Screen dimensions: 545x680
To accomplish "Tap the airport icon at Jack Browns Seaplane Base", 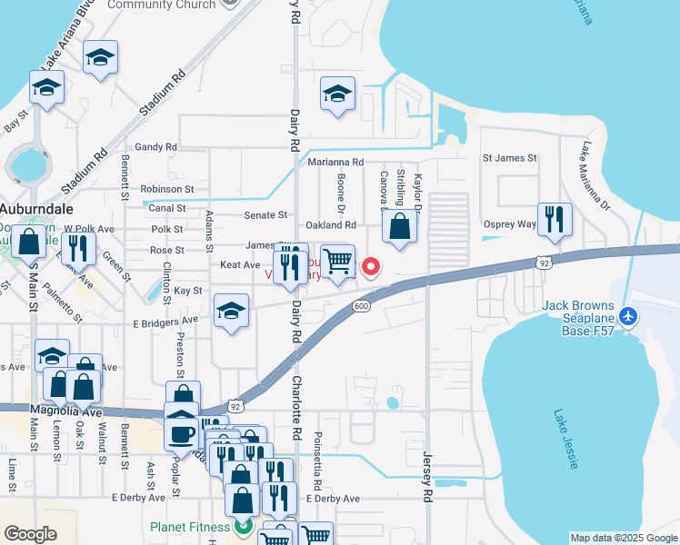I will [628, 317].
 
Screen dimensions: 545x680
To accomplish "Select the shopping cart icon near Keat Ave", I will [337, 262].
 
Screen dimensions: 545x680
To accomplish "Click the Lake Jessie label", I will [565, 440].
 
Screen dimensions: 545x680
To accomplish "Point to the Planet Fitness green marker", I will [243, 526].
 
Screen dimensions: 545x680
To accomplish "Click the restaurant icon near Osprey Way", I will [554, 220].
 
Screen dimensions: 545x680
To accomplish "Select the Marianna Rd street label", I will [335, 163].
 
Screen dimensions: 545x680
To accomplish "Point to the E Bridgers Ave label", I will [165, 321].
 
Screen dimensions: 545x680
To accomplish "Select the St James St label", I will [509, 158].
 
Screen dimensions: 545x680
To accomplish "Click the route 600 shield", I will [361, 306].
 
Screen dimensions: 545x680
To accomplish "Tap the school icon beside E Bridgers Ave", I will [232, 312].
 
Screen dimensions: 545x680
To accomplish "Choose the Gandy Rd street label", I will [155, 146].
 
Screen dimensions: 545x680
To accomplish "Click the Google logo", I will [30, 534].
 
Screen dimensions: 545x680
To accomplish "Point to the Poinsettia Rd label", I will [317, 459].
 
